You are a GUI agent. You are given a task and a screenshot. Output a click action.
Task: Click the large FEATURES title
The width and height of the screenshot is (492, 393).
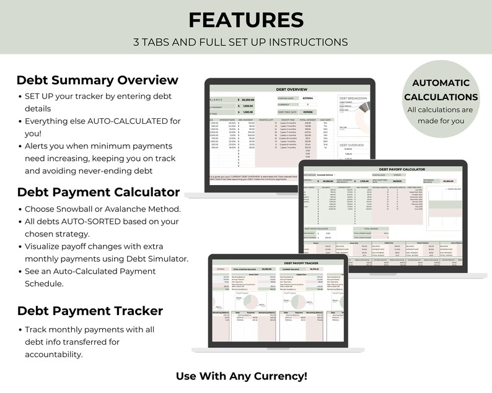(246, 20)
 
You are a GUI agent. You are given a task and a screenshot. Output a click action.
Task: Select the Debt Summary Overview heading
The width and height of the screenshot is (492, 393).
(97, 80)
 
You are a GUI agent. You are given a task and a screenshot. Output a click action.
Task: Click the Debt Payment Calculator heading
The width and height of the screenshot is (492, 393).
(99, 192)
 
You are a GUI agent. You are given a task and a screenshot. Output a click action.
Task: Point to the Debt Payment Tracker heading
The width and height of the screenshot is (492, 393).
(90, 311)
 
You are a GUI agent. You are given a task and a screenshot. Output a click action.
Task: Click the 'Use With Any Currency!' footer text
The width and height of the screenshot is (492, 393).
(241, 376)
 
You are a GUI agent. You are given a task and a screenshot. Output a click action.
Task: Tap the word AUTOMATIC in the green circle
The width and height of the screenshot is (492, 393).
(441, 82)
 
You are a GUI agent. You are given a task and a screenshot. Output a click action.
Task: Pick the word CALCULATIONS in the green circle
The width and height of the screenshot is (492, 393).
(441, 97)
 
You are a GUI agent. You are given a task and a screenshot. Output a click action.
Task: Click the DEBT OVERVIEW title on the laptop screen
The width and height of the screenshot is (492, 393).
(291, 90)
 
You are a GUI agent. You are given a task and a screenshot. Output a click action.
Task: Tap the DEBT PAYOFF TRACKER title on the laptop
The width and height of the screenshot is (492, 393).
(286, 263)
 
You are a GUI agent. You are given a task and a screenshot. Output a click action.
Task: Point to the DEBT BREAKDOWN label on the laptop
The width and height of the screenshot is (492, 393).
(353, 98)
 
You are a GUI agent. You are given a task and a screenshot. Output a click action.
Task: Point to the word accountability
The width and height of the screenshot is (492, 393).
(53, 354)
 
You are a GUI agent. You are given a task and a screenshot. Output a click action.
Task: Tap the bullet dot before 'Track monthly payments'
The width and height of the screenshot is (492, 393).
(20, 330)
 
